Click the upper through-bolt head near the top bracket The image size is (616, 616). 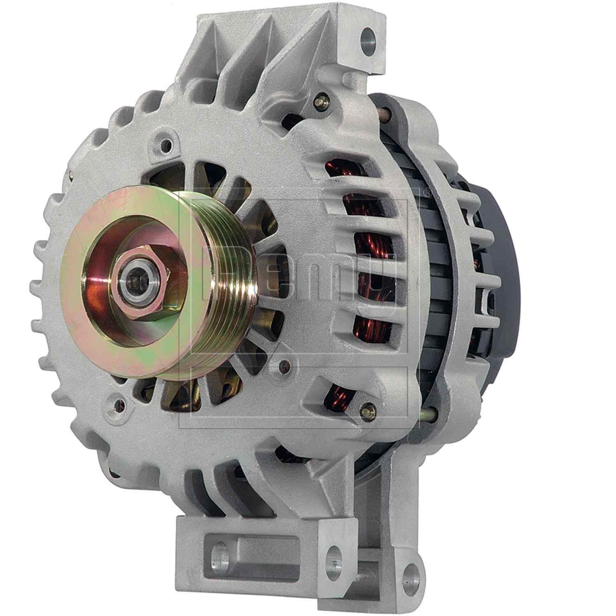tap(320, 100)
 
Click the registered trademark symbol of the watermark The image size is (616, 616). tap(427, 192)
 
